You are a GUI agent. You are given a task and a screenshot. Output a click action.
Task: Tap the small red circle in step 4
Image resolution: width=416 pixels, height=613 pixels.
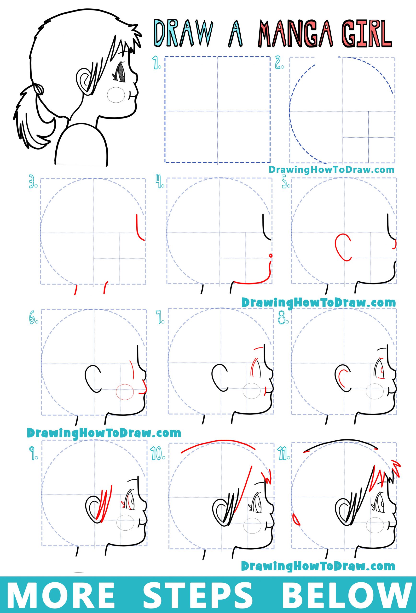click(x=270, y=255)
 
